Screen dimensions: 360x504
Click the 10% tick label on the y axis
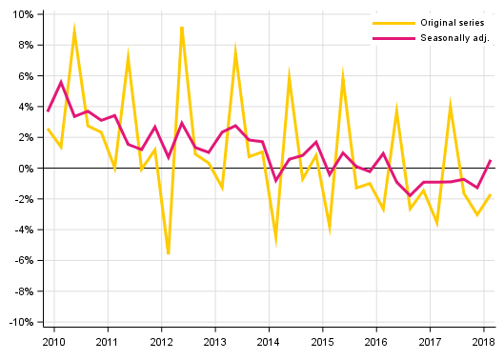(x=22, y=14)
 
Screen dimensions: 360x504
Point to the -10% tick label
(x=20, y=322)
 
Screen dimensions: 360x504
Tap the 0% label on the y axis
(x=25, y=169)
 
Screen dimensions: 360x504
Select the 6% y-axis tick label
(x=25, y=76)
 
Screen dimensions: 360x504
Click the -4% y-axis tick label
(x=23, y=230)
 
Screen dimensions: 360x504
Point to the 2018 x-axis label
(x=483, y=341)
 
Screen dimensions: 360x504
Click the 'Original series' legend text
(x=454, y=22)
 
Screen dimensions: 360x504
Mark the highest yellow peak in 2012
(x=181, y=27)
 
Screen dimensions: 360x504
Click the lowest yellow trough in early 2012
(x=169, y=254)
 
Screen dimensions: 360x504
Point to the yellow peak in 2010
(x=74, y=30)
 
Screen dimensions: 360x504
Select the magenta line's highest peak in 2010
(x=61, y=82)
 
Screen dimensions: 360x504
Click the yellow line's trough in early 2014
(x=276, y=242)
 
